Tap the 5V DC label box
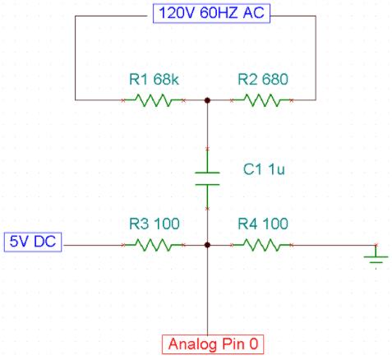(33, 242)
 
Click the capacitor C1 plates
(207, 178)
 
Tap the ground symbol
(376, 261)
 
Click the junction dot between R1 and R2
(207, 100)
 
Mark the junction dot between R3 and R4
(207, 244)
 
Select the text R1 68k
(154, 80)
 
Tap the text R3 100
(154, 224)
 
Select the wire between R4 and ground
(329, 244)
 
